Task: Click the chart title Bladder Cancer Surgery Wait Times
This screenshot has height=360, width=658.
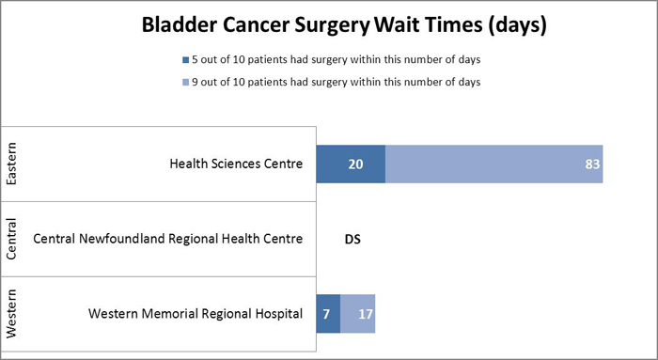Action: [x=343, y=24]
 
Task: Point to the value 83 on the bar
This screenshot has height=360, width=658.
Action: [x=592, y=164]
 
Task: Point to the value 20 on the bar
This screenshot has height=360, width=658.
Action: [x=355, y=164]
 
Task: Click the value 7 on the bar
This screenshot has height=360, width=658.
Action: [x=325, y=314]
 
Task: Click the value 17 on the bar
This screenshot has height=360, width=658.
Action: [x=366, y=314]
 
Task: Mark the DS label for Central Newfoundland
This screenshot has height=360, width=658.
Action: [x=352, y=240]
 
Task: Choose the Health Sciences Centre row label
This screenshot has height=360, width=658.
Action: [x=236, y=164]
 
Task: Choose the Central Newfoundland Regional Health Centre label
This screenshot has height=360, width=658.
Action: [x=167, y=239]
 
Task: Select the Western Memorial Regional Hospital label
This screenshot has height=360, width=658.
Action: [x=196, y=314]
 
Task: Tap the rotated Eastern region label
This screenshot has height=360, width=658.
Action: [x=12, y=164]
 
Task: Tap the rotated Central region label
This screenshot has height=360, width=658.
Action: [x=12, y=239]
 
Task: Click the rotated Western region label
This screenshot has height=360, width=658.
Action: [x=12, y=313]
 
